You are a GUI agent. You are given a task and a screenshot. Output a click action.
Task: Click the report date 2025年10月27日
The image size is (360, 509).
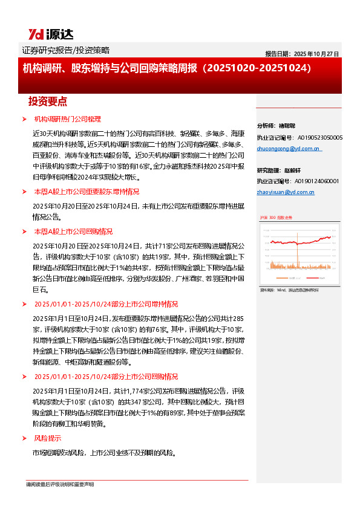[302, 54]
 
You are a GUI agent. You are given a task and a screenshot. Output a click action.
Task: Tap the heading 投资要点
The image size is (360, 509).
[48, 101]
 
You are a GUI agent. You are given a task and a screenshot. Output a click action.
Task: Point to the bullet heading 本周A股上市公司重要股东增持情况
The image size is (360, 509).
[87, 191]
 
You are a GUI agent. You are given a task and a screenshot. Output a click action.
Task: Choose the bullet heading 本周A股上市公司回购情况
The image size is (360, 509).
[73, 231]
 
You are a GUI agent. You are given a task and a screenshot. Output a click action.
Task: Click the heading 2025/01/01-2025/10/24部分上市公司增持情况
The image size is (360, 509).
[106, 303]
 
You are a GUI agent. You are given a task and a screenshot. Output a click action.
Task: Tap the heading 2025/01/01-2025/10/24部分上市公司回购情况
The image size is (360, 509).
[106, 376]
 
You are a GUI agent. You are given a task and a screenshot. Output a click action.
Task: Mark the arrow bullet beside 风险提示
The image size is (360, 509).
[24, 438]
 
